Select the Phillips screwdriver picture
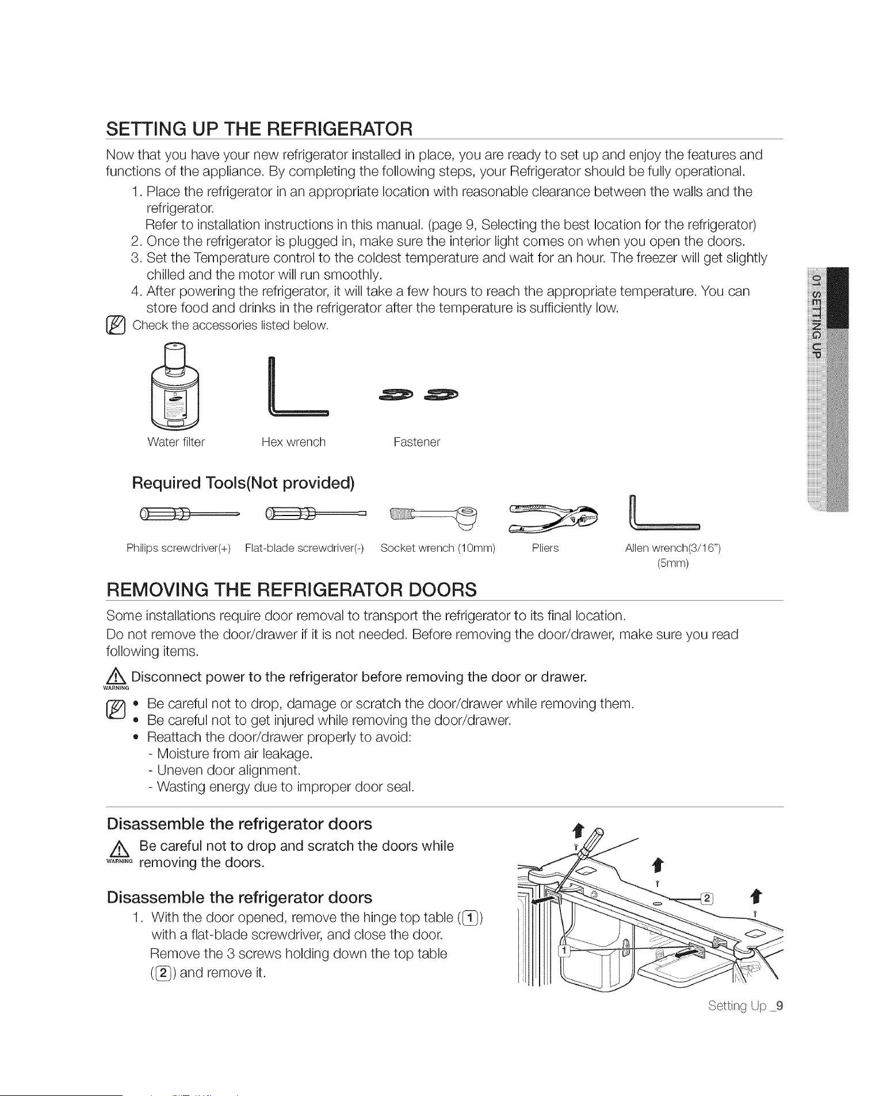point(189,513)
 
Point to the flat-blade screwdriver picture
point(315,513)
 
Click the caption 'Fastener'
point(416,442)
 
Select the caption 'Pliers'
point(545,548)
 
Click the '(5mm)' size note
point(672,563)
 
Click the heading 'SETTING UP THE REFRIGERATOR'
point(259,128)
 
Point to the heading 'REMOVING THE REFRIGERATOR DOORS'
point(292,590)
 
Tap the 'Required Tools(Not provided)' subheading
point(243,483)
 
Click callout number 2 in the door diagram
point(707,899)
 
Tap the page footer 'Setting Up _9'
point(746,1006)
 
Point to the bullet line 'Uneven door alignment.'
point(224,770)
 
